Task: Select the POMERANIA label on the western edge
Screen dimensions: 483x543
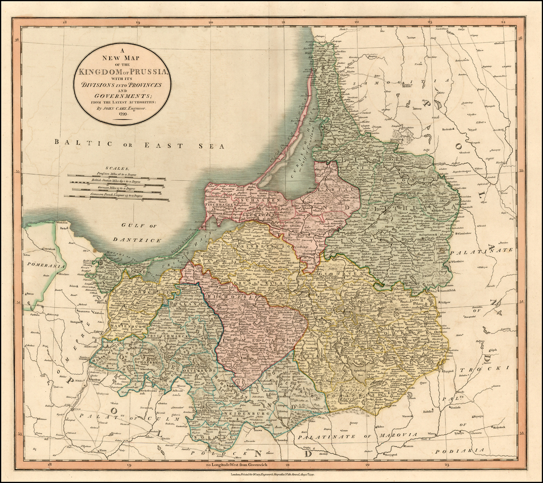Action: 43,262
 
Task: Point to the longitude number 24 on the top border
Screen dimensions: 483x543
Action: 503,23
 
